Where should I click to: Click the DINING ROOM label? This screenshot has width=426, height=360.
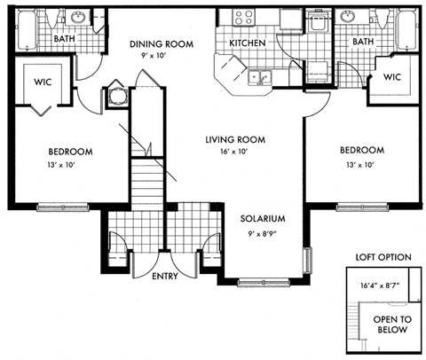tap(162, 43)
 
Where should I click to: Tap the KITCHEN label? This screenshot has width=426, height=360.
tap(248, 43)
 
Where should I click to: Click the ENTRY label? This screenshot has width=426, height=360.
tap(164, 277)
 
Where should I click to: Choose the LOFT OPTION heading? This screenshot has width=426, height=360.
tap(383, 257)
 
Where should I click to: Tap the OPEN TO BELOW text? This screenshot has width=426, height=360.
tap(391, 325)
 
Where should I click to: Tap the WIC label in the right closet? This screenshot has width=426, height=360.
tap(393, 77)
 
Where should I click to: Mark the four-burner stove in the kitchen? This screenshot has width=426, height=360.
tap(244, 16)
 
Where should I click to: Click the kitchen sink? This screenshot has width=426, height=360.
tap(259, 78)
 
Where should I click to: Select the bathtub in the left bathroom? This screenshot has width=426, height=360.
tap(24, 27)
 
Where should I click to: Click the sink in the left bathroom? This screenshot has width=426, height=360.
tap(76, 18)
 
